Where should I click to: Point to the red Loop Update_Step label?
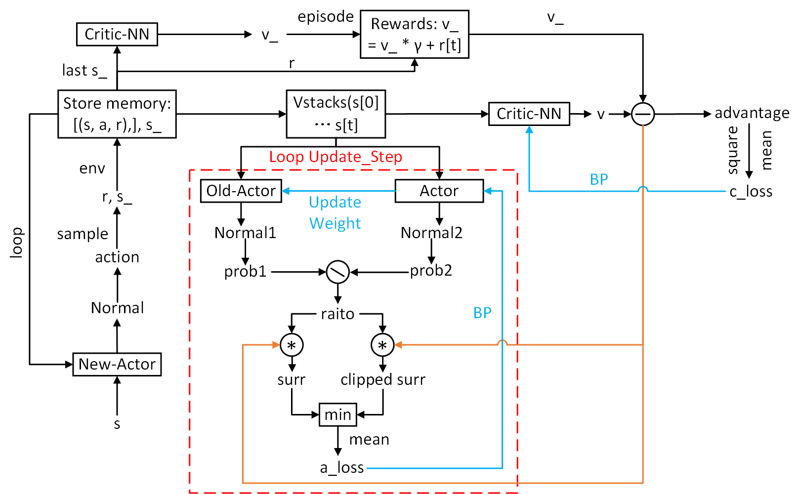coord(336,157)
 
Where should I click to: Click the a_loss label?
coord(342,468)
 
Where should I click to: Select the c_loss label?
coord(751,192)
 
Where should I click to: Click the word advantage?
coord(752,113)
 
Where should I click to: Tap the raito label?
coord(337,314)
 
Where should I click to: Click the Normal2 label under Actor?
coord(431,233)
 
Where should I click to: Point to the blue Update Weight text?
coord(335,212)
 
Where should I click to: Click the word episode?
coord(326,17)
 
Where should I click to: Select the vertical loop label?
coord(16,243)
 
